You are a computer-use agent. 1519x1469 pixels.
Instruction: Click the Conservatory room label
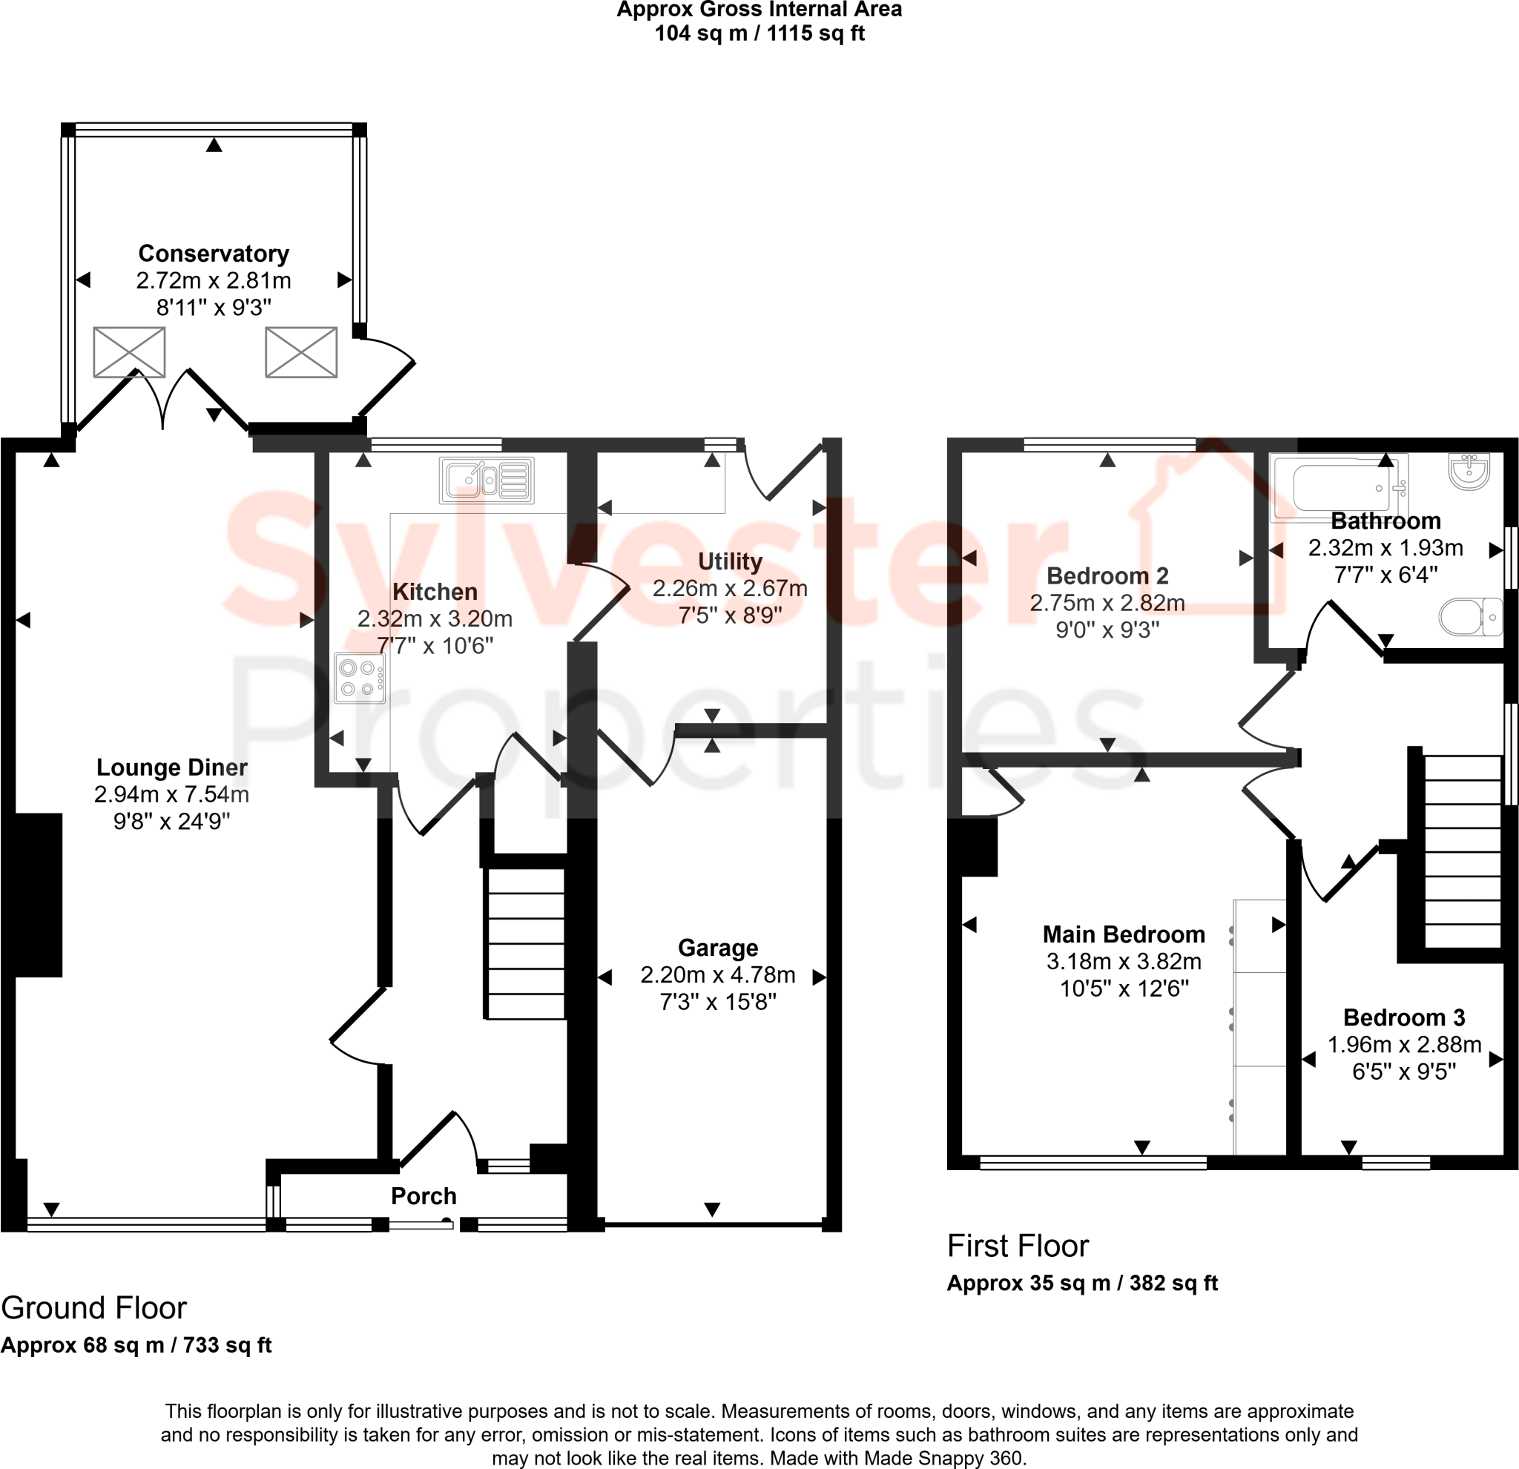pyautogui.click(x=213, y=254)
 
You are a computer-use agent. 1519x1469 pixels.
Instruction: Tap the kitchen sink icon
pyautogui.click(x=487, y=480)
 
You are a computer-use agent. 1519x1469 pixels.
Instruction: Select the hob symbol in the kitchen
pyautogui.click(x=360, y=678)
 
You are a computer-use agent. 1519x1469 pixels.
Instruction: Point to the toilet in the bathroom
pyautogui.click(x=1470, y=618)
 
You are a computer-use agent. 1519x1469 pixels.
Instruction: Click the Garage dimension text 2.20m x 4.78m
pyautogui.click(x=718, y=974)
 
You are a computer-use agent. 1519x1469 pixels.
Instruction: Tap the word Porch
pyautogui.click(x=424, y=1195)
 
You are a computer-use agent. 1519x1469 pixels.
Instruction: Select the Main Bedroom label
pyautogui.click(x=1123, y=934)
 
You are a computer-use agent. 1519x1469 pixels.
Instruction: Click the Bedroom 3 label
pyautogui.click(x=1403, y=1017)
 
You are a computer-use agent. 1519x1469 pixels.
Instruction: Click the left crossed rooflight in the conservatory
pyautogui.click(x=129, y=352)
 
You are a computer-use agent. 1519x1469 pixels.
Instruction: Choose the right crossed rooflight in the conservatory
pyautogui.click(x=300, y=352)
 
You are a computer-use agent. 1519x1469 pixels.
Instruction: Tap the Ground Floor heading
pyautogui.click(x=93, y=1308)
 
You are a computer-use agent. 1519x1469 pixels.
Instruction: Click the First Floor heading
pyautogui.click(x=1017, y=1246)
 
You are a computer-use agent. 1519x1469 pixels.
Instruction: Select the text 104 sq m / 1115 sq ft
pyautogui.click(x=759, y=33)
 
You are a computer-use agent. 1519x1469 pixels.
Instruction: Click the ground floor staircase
pyautogui.click(x=525, y=943)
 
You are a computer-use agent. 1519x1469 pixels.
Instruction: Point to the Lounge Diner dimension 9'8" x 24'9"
pyautogui.click(x=171, y=822)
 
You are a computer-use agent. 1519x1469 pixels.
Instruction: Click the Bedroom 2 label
pyautogui.click(x=1107, y=575)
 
